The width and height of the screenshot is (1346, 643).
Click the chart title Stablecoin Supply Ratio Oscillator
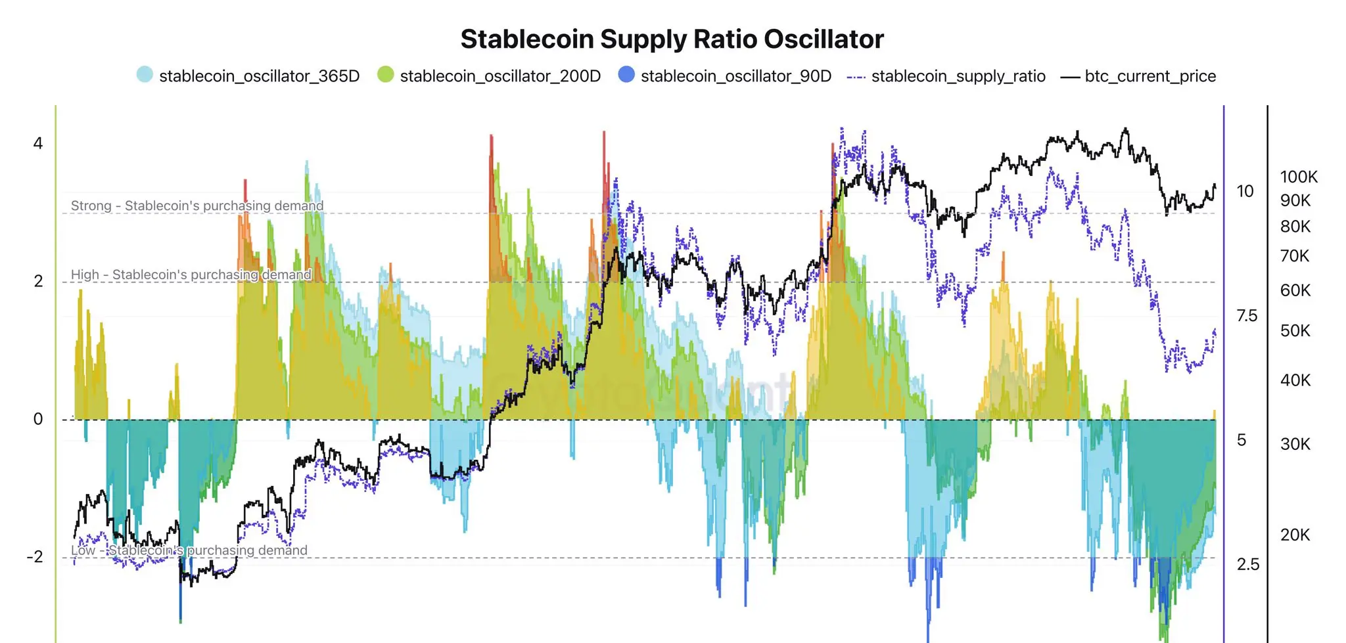point(672,39)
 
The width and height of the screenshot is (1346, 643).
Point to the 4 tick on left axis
point(38,143)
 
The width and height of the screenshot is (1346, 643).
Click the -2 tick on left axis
point(35,557)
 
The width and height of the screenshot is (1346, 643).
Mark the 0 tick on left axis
point(38,419)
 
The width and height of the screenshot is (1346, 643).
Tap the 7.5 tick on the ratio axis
point(1247,316)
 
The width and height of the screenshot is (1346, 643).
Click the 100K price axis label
point(1299,177)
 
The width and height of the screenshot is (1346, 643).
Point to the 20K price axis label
point(1295,535)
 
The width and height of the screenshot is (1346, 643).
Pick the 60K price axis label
point(1295,290)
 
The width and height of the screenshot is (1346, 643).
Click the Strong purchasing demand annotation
point(197,206)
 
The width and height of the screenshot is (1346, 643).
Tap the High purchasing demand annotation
point(191,275)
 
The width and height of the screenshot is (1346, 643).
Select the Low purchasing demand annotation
point(189,550)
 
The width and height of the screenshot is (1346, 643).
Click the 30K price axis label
point(1295,444)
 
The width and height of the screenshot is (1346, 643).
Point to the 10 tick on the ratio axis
point(1245,191)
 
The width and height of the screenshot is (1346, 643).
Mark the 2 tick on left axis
point(38,281)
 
